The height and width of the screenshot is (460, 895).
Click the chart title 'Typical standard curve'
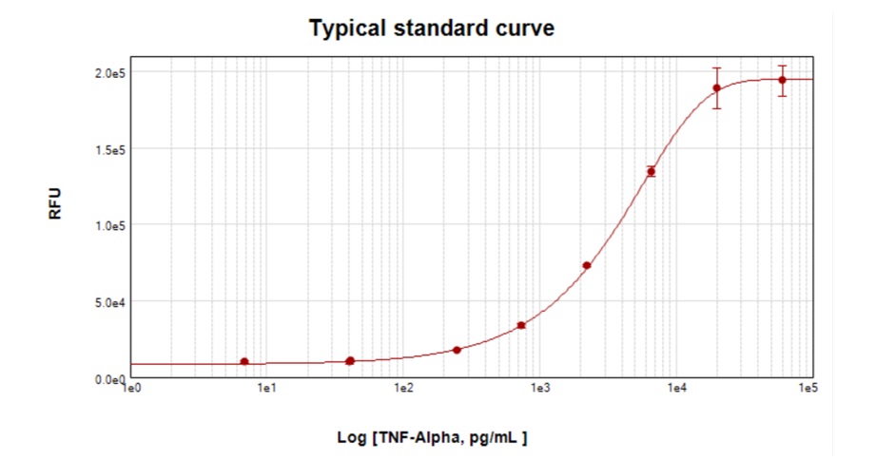(x=431, y=29)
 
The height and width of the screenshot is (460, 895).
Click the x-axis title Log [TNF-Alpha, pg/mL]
(x=432, y=437)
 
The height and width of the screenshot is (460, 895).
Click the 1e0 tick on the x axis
(x=132, y=389)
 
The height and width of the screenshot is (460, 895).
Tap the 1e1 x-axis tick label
(x=267, y=389)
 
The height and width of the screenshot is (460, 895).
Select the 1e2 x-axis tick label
(x=404, y=389)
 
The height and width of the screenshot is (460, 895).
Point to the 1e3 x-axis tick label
(x=540, y=389)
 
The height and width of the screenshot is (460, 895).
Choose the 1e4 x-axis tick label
(x=676, y=389)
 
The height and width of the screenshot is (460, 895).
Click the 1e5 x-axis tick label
(x=808, y=389)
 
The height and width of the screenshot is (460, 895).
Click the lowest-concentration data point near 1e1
(x=244, y=361)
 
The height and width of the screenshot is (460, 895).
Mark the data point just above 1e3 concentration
(x=587, y=265)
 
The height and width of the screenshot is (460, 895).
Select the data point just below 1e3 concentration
(x=521, y=325)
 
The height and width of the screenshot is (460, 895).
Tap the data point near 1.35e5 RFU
(x=652, y=171)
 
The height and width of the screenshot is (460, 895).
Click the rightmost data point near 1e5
(x=782, y=80)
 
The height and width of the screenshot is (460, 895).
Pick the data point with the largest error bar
(x=717, y=88)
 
